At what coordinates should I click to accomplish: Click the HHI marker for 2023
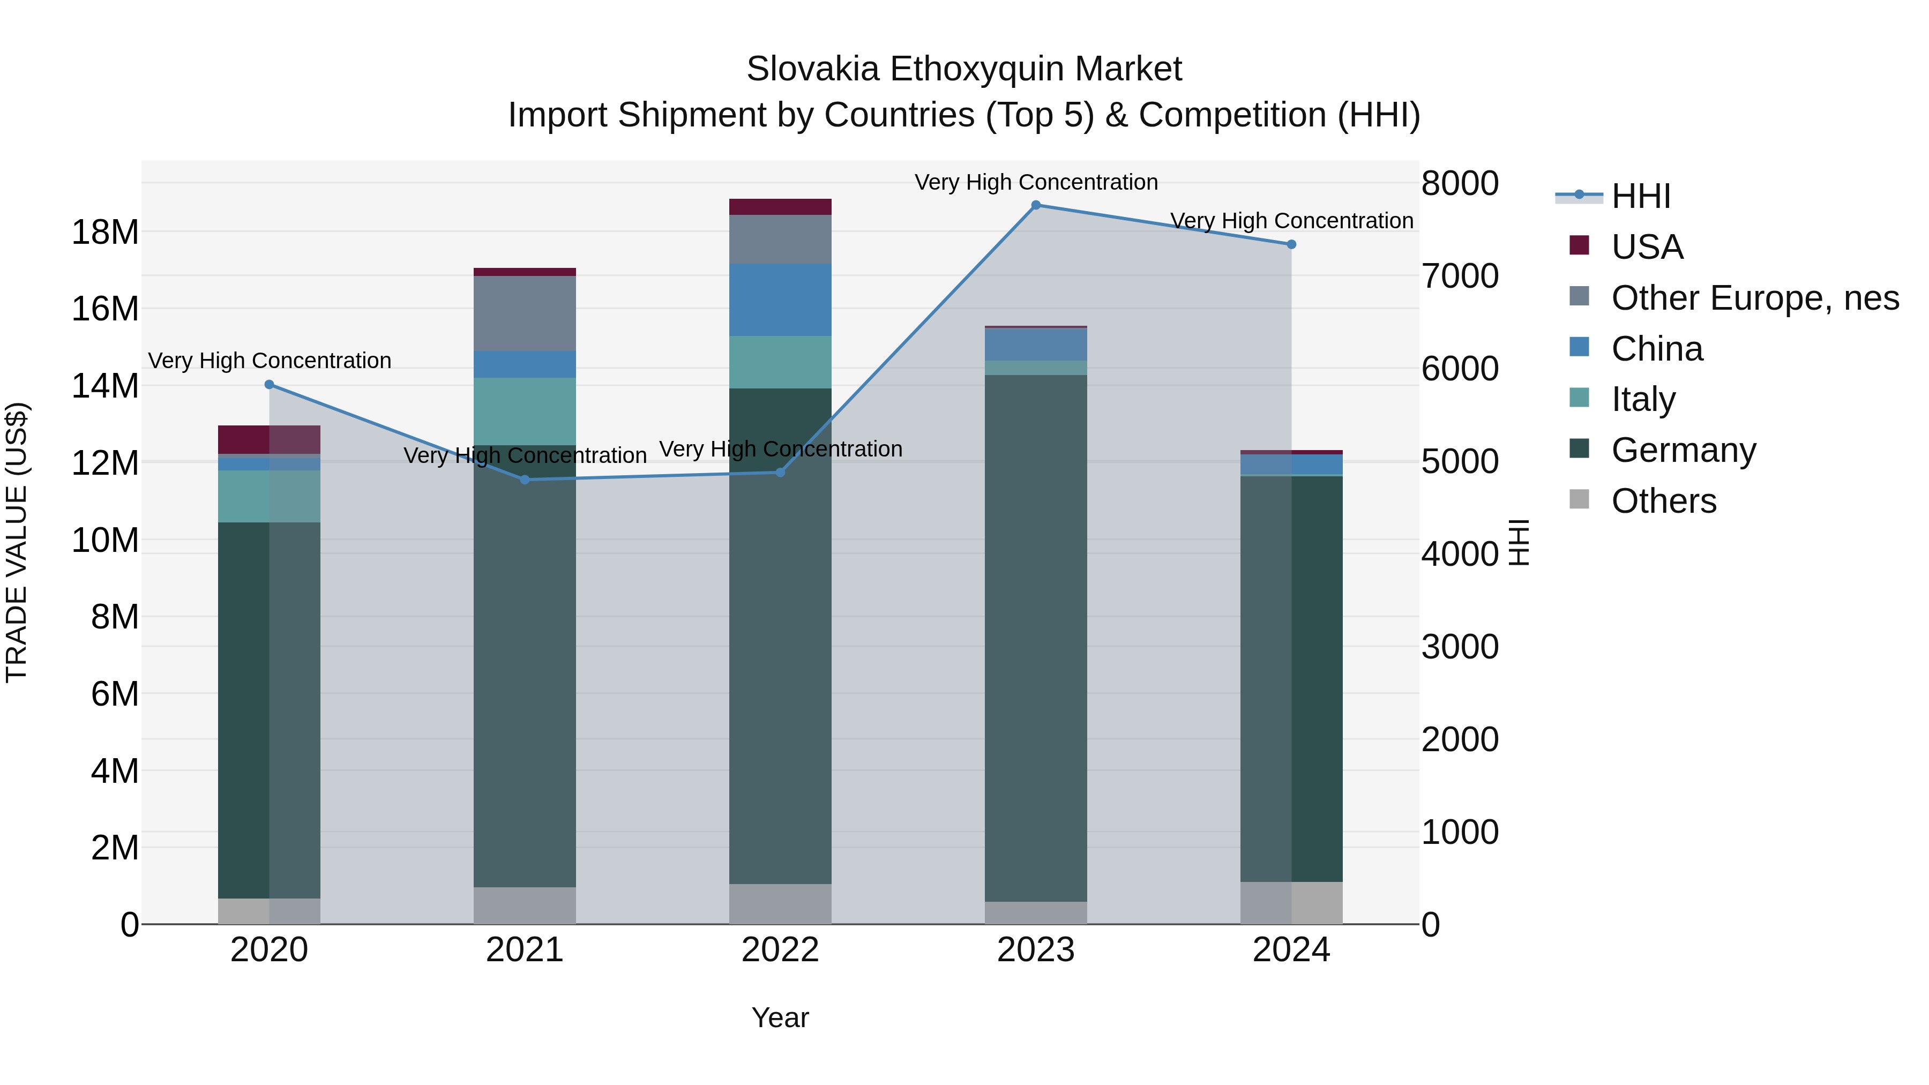click(1036, 205)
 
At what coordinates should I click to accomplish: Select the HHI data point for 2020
click(270, 385)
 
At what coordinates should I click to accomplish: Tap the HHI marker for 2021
click(525, 480)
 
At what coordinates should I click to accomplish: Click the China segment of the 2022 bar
click(780, 300)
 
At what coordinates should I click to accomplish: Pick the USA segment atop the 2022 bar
click(780, 207)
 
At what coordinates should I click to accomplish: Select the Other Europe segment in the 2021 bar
click(525, 313)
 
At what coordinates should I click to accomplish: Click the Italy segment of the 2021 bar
click(525, 411)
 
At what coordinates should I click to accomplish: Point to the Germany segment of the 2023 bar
click(1036, 637)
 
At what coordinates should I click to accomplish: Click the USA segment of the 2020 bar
click(270, 439)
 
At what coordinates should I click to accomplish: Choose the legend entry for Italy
click(1643, 399)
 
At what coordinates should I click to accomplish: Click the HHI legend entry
click(1640, 196)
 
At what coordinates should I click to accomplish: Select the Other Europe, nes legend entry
click(1754, 298)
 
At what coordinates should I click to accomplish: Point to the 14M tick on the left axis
click(105, 386)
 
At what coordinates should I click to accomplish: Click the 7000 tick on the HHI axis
click(1460, 276)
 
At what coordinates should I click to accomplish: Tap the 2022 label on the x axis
click(780, 950)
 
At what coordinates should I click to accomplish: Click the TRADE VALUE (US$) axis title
click(17, 542)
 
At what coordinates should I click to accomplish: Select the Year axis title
click(780, 1017)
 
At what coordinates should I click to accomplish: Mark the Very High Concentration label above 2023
click(1036, 182)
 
